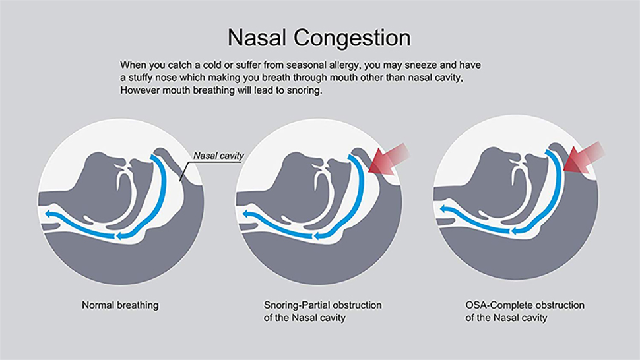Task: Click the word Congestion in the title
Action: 352,38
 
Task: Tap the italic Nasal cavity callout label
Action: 218,156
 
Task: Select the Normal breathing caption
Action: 120,305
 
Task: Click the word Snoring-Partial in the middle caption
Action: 293,305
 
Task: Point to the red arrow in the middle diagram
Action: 388,159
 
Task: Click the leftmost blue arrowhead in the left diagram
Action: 49,214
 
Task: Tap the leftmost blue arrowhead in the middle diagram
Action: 247,214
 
